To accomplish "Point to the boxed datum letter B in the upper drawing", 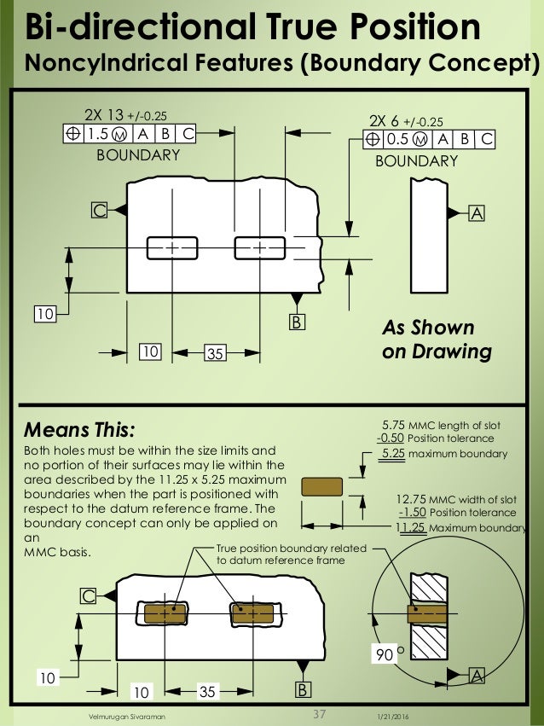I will coord(297,322).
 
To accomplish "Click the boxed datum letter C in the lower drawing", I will coord(89,597).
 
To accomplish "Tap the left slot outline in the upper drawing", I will coord(172,247).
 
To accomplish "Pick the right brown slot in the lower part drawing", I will coord(252,613).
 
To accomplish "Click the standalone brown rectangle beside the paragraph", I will coord(321,486).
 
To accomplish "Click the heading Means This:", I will coord(78,427).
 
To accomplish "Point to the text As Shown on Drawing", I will coord(435,340).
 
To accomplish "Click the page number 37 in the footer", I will coord(321,714).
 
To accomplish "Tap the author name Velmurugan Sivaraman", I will coord(127,717).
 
